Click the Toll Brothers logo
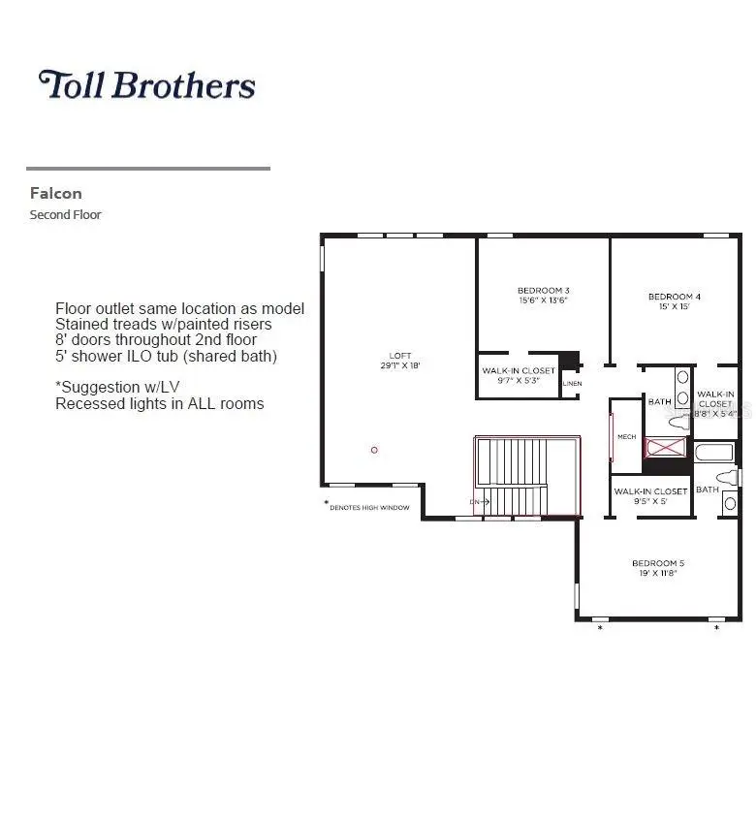pos(146,85)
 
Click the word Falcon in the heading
pos(55,193)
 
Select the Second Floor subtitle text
pos(65,214)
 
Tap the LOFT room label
pos(400,357)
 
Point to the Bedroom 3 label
pos(543,290)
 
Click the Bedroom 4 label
pos(673,296)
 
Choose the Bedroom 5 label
pos(658,563)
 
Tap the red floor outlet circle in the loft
pos(374,450)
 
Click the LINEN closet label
pos(572,384)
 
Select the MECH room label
pos(627,437)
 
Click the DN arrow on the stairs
pos(478,502)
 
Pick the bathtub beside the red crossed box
pos(714,452)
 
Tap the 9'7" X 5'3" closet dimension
pos(519,382)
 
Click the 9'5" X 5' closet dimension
pos(650,502)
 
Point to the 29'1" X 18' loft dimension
pos(400,367)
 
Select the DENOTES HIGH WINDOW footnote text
pos(369,508)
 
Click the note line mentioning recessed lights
pos(159,403)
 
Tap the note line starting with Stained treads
pos(163,324)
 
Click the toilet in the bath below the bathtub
pos(726,478)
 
